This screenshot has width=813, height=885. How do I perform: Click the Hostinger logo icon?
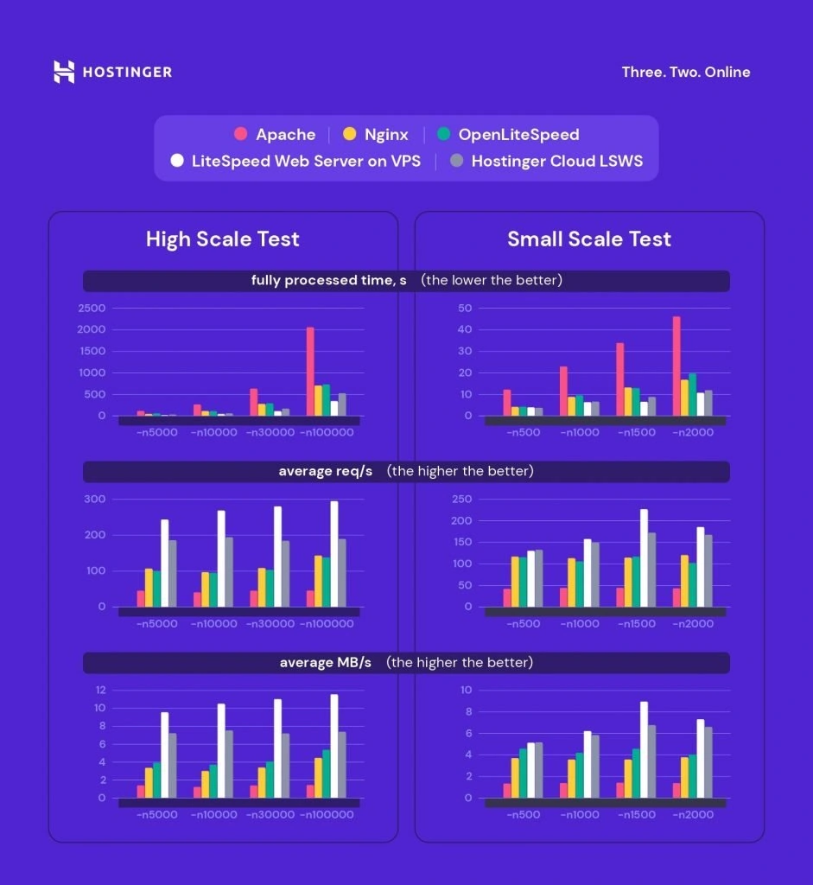coord(64,72)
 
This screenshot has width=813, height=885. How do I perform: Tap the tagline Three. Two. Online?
coord(686,72)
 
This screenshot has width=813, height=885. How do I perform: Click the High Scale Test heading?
coord(222,239)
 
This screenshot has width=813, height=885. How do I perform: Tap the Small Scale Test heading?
coord(588,239)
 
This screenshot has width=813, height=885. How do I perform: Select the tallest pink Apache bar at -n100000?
coord(310,372)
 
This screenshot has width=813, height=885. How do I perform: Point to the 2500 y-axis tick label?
coord(92,309)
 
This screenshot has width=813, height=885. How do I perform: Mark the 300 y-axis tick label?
coord(95,500)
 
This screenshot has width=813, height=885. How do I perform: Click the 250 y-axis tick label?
coord(462,500)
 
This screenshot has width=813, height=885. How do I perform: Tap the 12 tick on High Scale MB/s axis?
coord(100,690)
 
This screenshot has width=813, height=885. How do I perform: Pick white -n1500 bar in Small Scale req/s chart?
coord(643,557)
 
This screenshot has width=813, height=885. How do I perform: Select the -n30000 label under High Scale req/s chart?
coord(271,623)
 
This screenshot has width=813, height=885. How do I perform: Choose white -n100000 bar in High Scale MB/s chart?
coord(334,746)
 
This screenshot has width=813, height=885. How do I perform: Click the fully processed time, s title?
coord(328,281)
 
